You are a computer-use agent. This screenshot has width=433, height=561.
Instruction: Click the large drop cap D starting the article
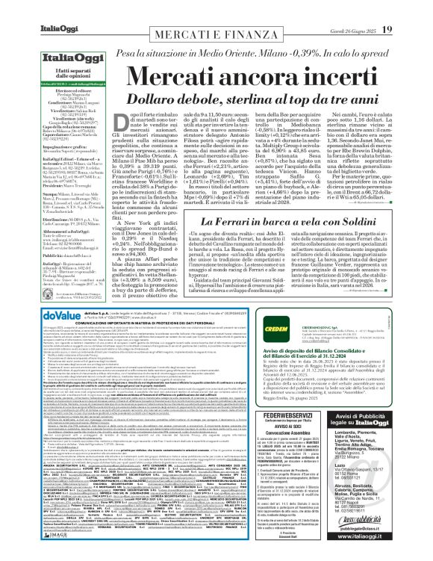click(x=114, y=122)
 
